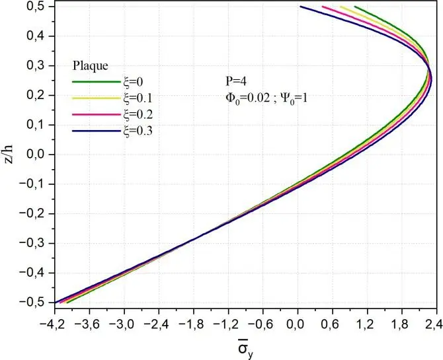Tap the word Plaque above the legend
tap(90, 66)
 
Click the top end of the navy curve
tap(300, 7)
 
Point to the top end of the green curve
tap(355, 7)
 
